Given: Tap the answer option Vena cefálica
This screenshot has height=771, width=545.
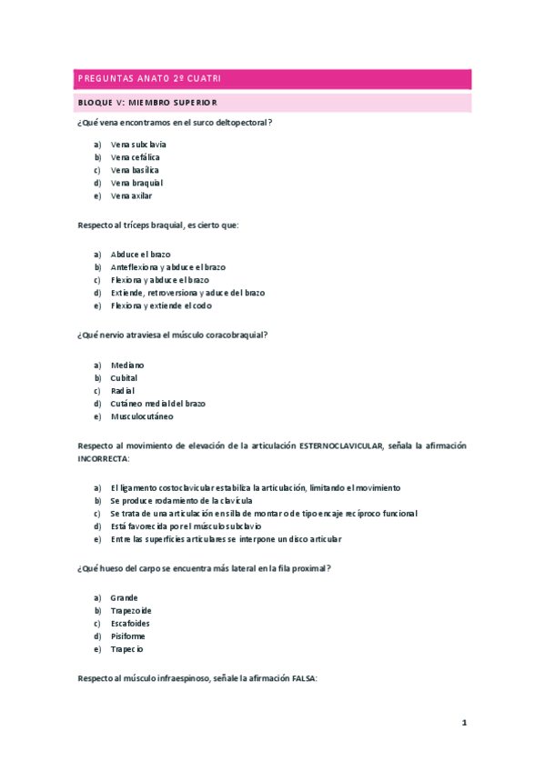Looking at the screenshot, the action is coord(135,157).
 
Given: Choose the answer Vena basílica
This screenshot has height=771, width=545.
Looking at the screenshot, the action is coord(135,170).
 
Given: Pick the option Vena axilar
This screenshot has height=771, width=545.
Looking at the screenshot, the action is coord(131,195).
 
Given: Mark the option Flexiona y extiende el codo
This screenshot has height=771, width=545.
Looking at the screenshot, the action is coord(161,305).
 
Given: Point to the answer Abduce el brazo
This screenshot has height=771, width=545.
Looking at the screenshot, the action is coord(140,255).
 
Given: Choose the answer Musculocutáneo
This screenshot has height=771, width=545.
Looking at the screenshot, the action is coord(141,416).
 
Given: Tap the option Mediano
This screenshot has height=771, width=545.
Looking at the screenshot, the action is coord(127,365).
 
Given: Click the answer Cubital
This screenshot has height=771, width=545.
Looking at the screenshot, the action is coord(124,378).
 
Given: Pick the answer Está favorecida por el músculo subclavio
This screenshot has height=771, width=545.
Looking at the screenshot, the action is coord(186,526).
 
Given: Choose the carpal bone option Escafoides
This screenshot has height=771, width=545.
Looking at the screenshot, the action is coord(130,624).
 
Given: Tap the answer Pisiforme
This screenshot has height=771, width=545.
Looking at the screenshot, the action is coord(127,636).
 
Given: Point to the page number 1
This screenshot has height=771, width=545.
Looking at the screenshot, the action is coord(464,723).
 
